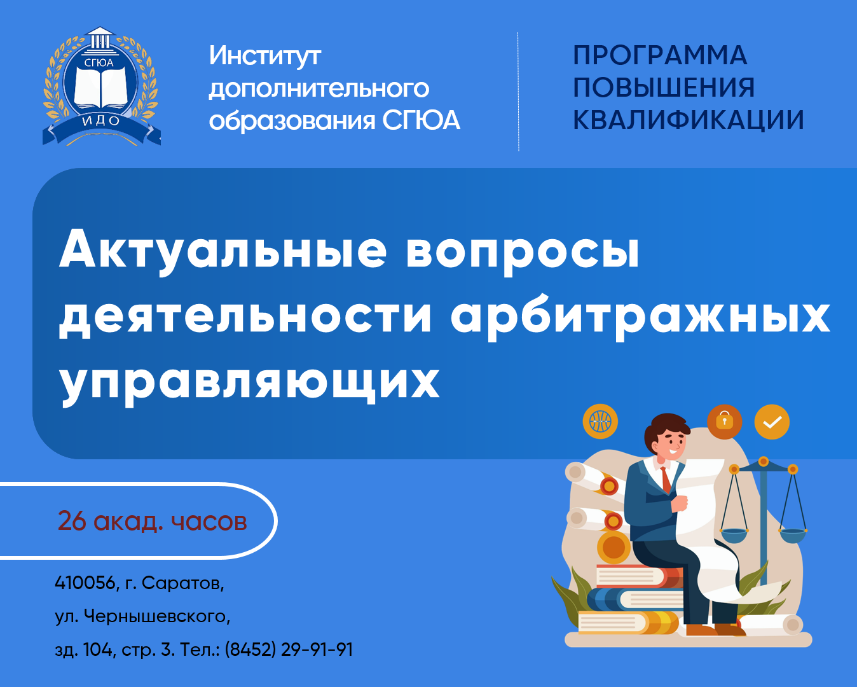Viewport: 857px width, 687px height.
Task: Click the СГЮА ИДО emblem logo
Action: tap(102, 86)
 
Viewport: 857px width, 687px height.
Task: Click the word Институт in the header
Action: tap(265, 56)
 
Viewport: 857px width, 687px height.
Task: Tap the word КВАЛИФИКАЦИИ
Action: tap(688, 120)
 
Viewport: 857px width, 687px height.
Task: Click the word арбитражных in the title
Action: tap(640, 316)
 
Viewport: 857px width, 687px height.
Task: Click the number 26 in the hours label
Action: tap(72, 521)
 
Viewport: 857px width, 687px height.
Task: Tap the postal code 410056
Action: tap(85, 583)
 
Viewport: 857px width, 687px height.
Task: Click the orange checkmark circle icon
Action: tap(772, 422)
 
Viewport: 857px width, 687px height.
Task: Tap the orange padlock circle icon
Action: tap(724, 422)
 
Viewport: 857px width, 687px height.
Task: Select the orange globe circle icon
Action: tap(600, 421)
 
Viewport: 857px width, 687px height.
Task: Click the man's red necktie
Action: tap(666, 480)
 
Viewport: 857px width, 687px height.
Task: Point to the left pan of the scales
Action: tap(734, 535)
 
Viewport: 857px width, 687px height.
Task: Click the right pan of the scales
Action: tap(793, 535)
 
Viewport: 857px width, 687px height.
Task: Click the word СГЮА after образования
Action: tap(422, 120)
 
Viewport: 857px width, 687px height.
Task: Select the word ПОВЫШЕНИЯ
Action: tap(664, 87)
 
